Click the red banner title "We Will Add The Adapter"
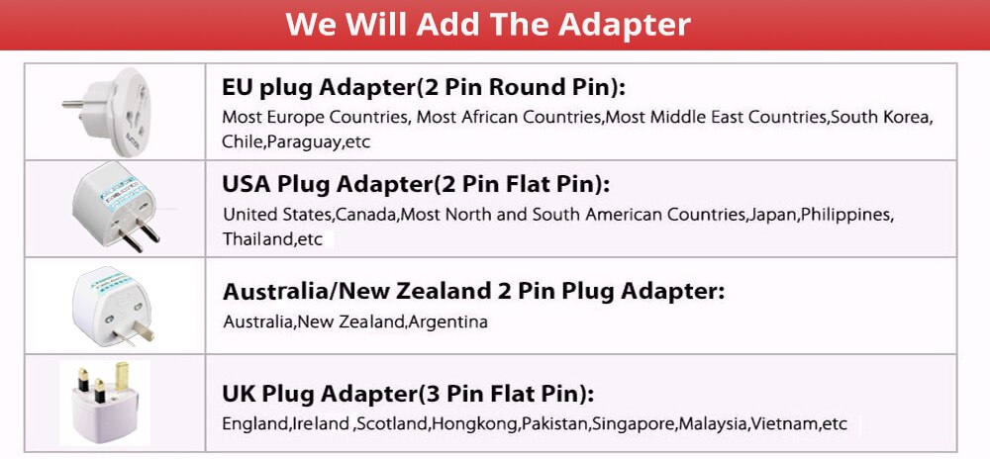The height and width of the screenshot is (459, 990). pos(488,24)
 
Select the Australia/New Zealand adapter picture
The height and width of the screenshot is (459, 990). pos(114,306)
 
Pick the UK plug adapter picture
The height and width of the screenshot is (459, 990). pos(105,403)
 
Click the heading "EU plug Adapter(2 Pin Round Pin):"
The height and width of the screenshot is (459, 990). pos(423,88)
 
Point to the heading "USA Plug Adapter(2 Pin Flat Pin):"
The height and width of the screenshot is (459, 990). pos(416,184)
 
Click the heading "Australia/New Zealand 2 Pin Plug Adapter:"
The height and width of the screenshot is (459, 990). pos(474,291)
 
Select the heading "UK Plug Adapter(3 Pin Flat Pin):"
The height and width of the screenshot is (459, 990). pos(408,394)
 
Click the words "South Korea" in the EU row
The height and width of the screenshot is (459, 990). pos(879,118)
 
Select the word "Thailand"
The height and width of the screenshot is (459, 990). pos(257,239)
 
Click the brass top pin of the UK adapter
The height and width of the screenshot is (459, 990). pos(122,376)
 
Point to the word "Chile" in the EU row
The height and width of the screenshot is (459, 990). pos(242,142)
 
